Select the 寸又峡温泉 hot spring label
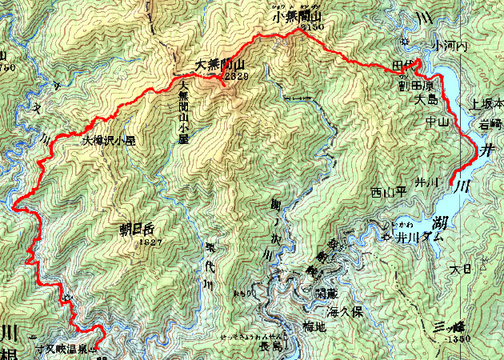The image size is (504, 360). pyautogui.click(x=66, y=349)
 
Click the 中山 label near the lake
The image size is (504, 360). pyautogui.click(x=437, y=122)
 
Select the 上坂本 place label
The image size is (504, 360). pyautogui.click(x=486, y=104)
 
